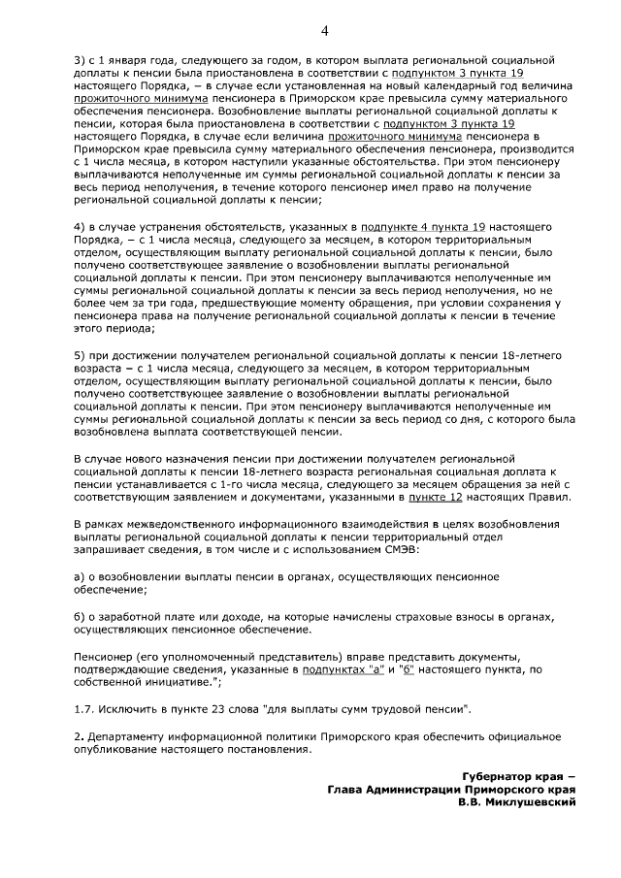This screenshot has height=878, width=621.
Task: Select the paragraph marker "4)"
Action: point(81,225)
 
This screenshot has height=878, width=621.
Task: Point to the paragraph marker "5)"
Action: point(81,355)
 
